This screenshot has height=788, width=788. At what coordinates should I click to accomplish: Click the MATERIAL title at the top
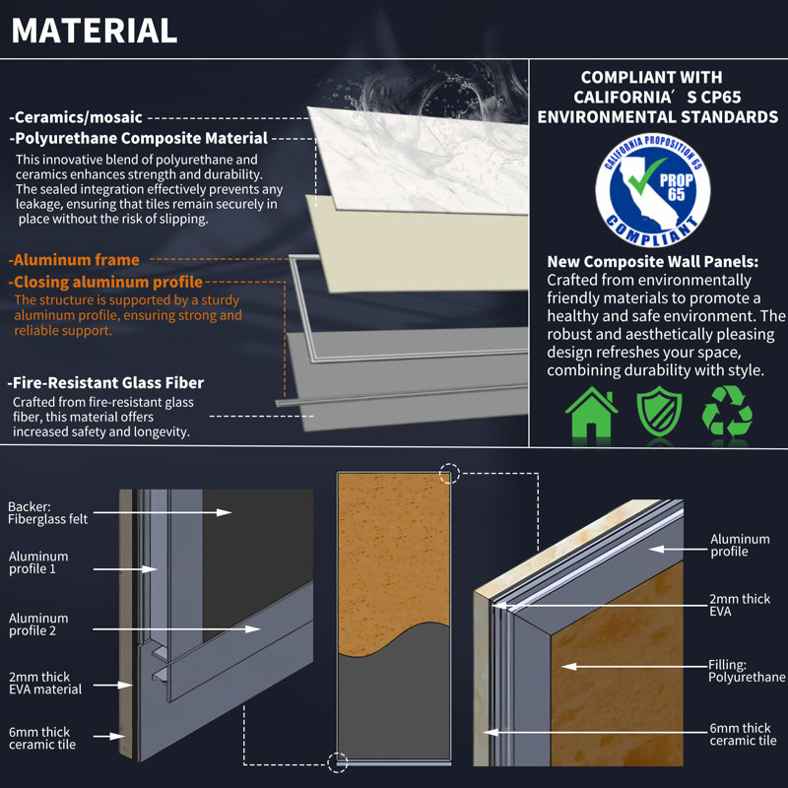(95, 30)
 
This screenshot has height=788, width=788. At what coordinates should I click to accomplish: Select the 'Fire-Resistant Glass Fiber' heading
(106, 382)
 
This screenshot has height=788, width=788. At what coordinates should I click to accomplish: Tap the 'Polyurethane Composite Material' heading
(139, 139)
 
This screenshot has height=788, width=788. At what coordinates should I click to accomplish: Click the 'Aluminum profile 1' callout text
(38, 563)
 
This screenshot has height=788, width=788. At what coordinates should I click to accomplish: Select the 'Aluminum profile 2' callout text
(38, 624)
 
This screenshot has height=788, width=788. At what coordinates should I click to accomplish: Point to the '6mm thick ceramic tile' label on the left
(42, 738)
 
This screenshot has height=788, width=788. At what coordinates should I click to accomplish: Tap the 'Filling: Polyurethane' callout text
(747, 671)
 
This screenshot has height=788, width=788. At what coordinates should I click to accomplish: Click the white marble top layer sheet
(414, 158)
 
